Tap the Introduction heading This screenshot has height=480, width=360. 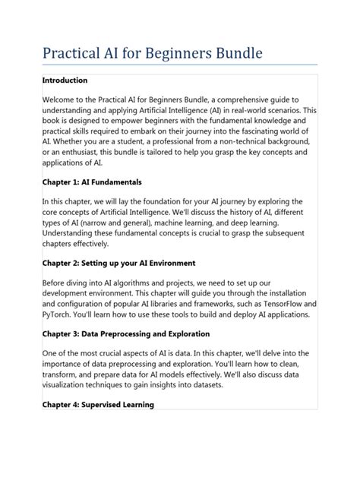tap(65, 81)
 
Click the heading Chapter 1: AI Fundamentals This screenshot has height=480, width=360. tap(92, 182)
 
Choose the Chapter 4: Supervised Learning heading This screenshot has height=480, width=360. tap(98, 405)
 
